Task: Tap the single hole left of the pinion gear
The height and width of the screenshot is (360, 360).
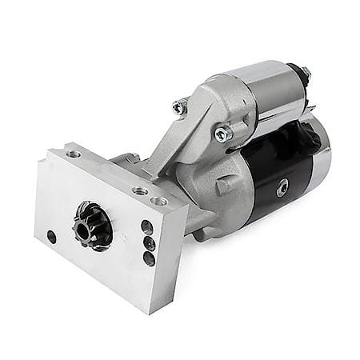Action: pos(52,236)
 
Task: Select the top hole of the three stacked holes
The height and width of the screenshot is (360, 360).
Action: pos(147,226)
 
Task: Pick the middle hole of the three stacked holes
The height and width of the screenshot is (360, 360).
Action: pos(148,242)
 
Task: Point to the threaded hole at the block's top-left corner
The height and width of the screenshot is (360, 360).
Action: pos(74,154)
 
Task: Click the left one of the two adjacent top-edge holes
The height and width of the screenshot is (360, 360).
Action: pos(141,191)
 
